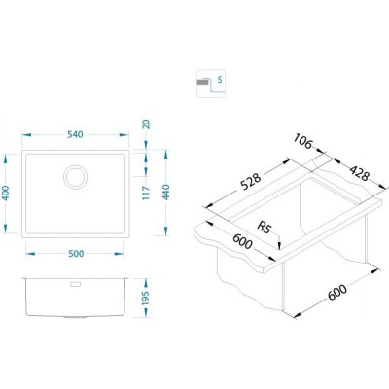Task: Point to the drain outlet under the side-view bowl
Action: click(74, 318)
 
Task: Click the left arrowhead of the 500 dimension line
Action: click(26, 252)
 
